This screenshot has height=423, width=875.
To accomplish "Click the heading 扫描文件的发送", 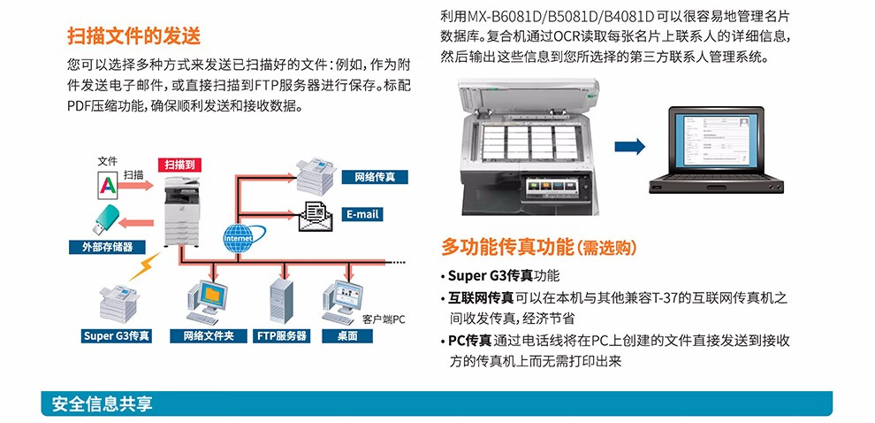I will click(134, 36).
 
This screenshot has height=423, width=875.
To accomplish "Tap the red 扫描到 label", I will click(180, 165).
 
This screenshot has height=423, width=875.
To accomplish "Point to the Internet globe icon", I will click(238, 237).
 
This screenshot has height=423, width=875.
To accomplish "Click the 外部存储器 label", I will click(107, 247).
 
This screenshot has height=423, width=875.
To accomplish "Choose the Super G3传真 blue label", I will click(117, 336).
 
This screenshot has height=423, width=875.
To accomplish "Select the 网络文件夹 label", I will click(209, 336).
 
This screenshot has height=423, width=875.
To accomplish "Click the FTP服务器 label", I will click(282, 336).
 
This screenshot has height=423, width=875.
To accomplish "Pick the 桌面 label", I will click(347, 336).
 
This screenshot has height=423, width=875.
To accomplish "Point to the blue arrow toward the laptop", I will click(629, 146).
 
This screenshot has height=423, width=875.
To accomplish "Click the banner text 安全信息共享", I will click(102, 404).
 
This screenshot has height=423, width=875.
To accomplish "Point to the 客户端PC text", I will click(384, 319).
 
